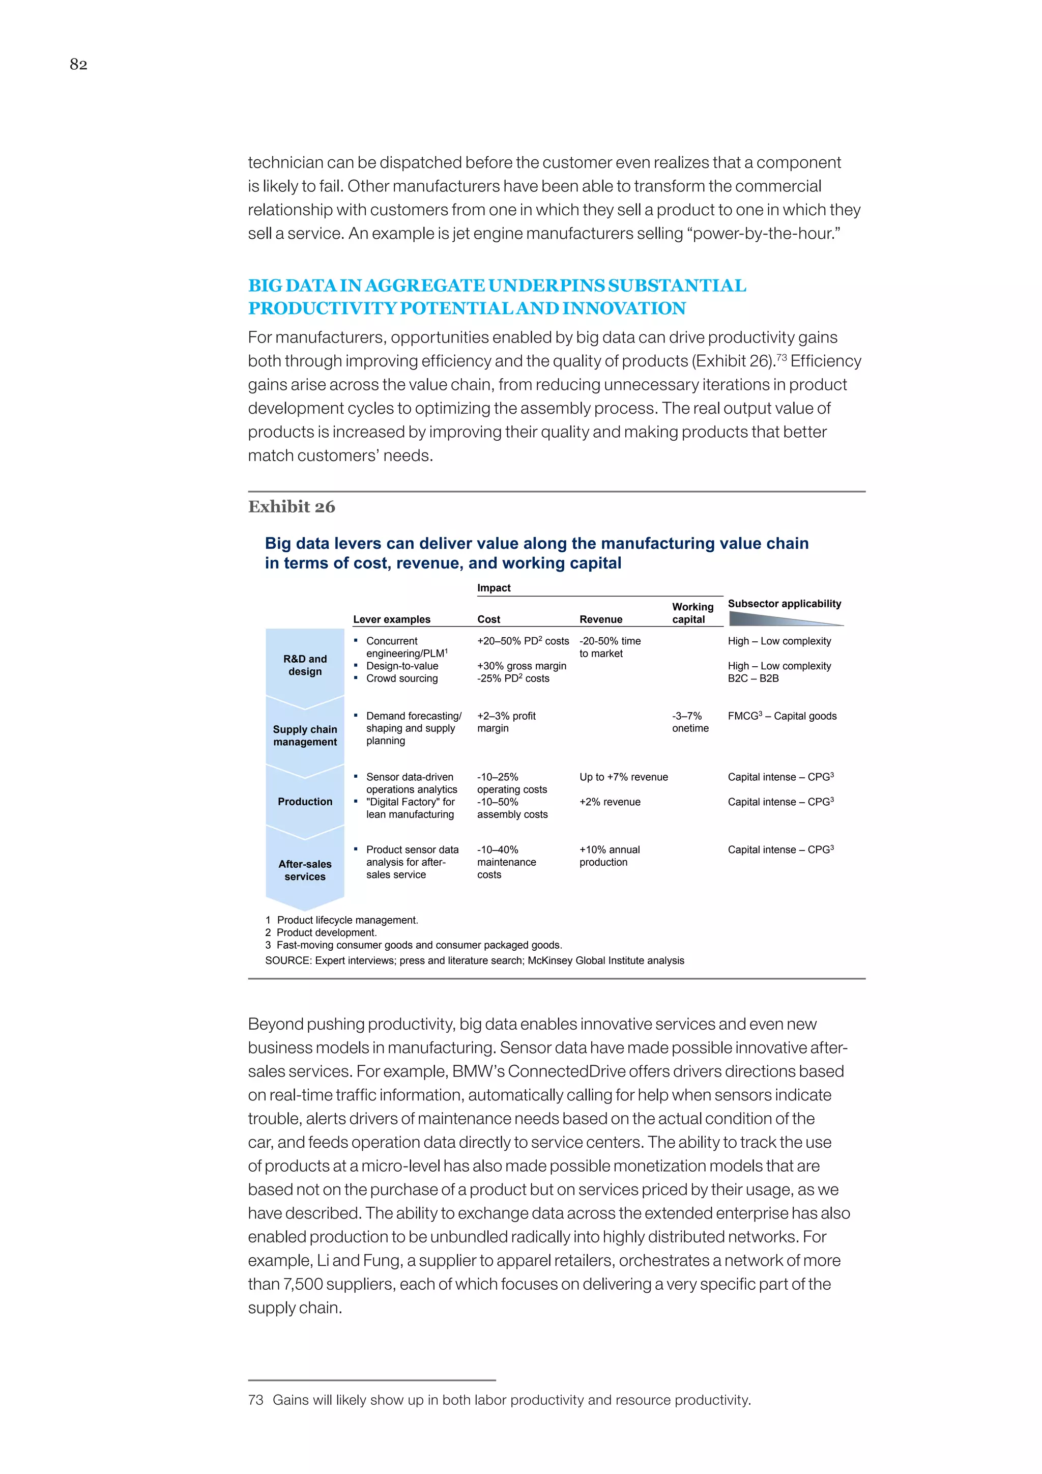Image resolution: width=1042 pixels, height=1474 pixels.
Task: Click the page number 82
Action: pyautogui.click(x=78, y=64)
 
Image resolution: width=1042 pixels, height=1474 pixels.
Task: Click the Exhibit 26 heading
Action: pyautogui.click(x=292, y=506)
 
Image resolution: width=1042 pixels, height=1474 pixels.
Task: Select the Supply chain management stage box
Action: pyautogui.click(x=305, y=735)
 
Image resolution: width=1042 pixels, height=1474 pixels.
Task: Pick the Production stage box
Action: pyautogui.click(x=305, y=801)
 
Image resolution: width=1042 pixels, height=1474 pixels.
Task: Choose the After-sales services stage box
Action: pyautogui.click(x=305, y=870)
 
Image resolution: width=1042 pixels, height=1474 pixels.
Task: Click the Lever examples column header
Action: pyautogui.click(x=391, y=619)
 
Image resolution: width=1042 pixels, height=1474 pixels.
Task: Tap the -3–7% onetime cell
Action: pyautogui.click(x=690, y=722)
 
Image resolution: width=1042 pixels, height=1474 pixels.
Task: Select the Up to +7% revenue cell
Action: pyautogui.click(x=623, y=777)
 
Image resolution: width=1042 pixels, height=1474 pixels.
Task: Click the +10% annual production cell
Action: pyautogui.click(x=609, y=855)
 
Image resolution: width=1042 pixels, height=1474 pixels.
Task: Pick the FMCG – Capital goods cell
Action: pyautogui.click(x=781, y=716)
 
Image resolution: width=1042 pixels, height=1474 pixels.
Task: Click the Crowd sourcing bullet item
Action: pyautogui.click(x=401, y=678)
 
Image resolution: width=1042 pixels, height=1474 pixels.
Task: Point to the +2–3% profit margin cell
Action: pyautogui.click(x=506, y=722)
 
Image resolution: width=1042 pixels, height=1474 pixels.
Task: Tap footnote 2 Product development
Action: pyautogui.click(x=321, y=932)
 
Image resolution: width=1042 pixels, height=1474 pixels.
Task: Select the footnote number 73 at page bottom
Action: pyautogui.click(x=255, y=1400)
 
